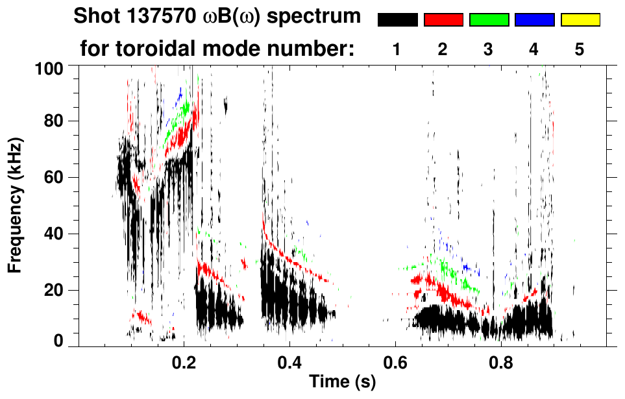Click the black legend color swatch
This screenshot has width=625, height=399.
click(398, 20)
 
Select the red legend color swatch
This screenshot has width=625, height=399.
click(443, 20)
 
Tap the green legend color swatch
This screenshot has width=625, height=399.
click(489, 20)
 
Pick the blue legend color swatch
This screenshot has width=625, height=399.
click(534, 20)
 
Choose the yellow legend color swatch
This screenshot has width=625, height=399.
click(580, 20)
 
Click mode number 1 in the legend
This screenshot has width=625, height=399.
click(397, 49)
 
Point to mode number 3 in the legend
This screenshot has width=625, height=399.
click(489, 49)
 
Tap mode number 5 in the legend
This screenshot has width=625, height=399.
click(580, 49)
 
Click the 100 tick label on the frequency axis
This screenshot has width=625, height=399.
click(49, 67)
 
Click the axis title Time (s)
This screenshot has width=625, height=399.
click(342, 383)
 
